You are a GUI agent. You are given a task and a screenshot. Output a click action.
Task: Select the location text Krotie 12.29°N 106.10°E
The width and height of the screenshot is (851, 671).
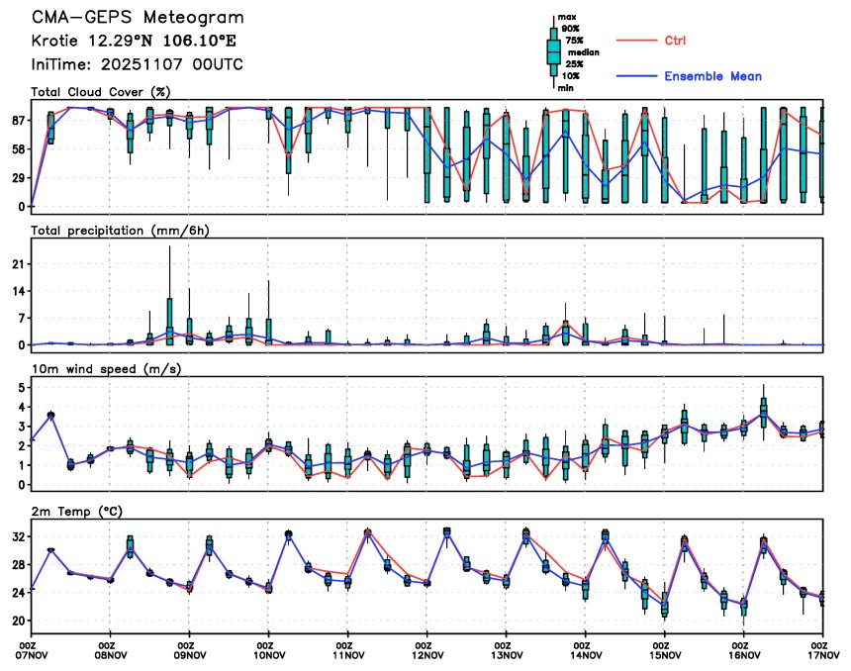point(134,42)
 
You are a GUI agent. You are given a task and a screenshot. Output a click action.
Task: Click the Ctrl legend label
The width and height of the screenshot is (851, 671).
point(676,41)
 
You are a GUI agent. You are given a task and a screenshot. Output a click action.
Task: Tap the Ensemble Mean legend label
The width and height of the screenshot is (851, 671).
point(712,76)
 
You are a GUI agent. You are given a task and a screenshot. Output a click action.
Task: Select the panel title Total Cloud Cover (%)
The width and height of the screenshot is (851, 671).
point(101,92)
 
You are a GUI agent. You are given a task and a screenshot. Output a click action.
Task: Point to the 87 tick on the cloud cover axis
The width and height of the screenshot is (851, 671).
point(18,121)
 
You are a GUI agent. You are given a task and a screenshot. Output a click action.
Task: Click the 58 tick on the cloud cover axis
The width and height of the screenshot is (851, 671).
point(18,149)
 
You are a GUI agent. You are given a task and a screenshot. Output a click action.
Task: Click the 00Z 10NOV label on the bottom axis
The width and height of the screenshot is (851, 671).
point(268,647)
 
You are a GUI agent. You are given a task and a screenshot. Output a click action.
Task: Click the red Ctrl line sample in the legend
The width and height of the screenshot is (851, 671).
point(633,41)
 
